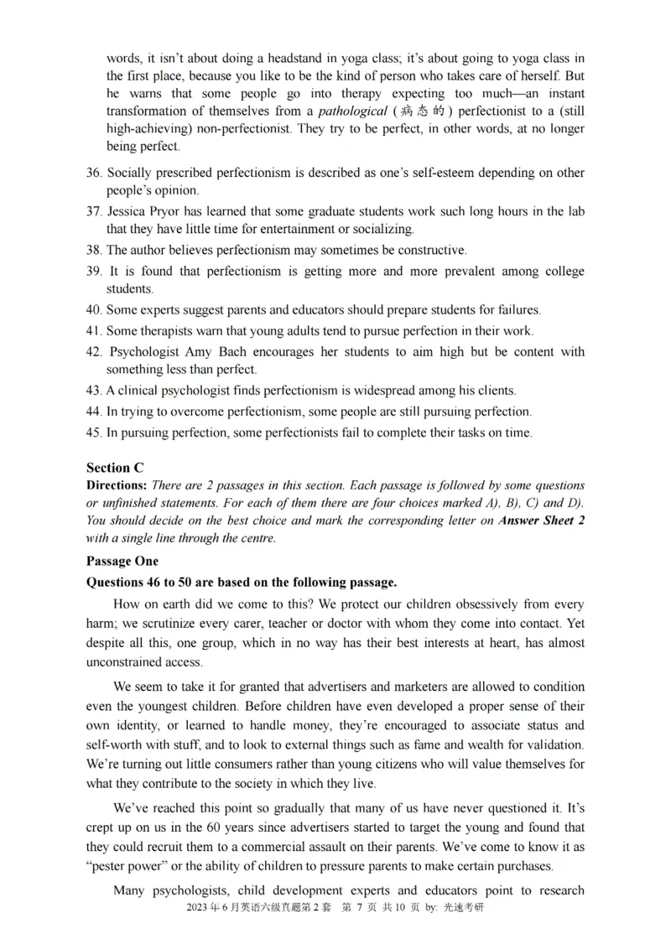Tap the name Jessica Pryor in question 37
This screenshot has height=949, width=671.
[x=143, y=211]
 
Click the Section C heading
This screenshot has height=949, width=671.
[x=108, y=468]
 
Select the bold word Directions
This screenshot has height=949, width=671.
[x=117, y=485]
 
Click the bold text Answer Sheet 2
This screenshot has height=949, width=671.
[x=541, y=521]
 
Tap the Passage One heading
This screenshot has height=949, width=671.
[x=122, y=561]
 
